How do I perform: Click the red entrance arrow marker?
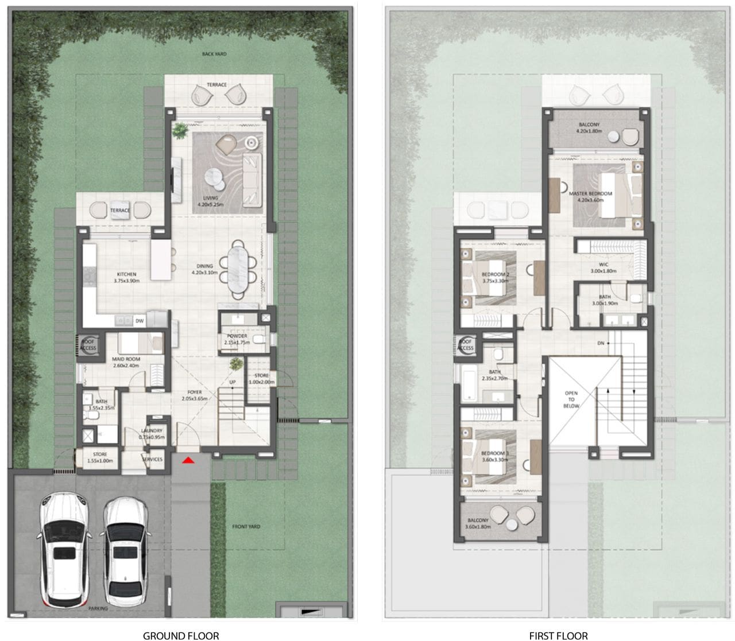[x=188, y=460]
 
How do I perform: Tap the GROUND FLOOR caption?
[x=180, y=635]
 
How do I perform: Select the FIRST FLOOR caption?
[x=558, y=635]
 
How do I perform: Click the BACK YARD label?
[x=214, y=54]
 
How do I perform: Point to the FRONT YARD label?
[x=246, y=526]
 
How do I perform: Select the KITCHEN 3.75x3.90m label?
[x=126, y=277]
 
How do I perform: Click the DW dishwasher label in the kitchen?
[x=139, y=321]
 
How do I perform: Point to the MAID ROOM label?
[x=126, y=362]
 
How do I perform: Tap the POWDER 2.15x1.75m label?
[x=237, y=339]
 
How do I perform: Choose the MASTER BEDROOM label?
[x=590, y=197]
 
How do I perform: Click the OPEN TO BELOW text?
[x=571, y=399]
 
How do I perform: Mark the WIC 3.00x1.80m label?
[x=603, y=267]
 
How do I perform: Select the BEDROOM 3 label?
[x=494, y=457]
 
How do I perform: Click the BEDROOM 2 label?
[x=496, y=278]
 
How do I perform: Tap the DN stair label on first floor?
[x=601, y=343]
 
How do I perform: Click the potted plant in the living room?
[x=180, y=130]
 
